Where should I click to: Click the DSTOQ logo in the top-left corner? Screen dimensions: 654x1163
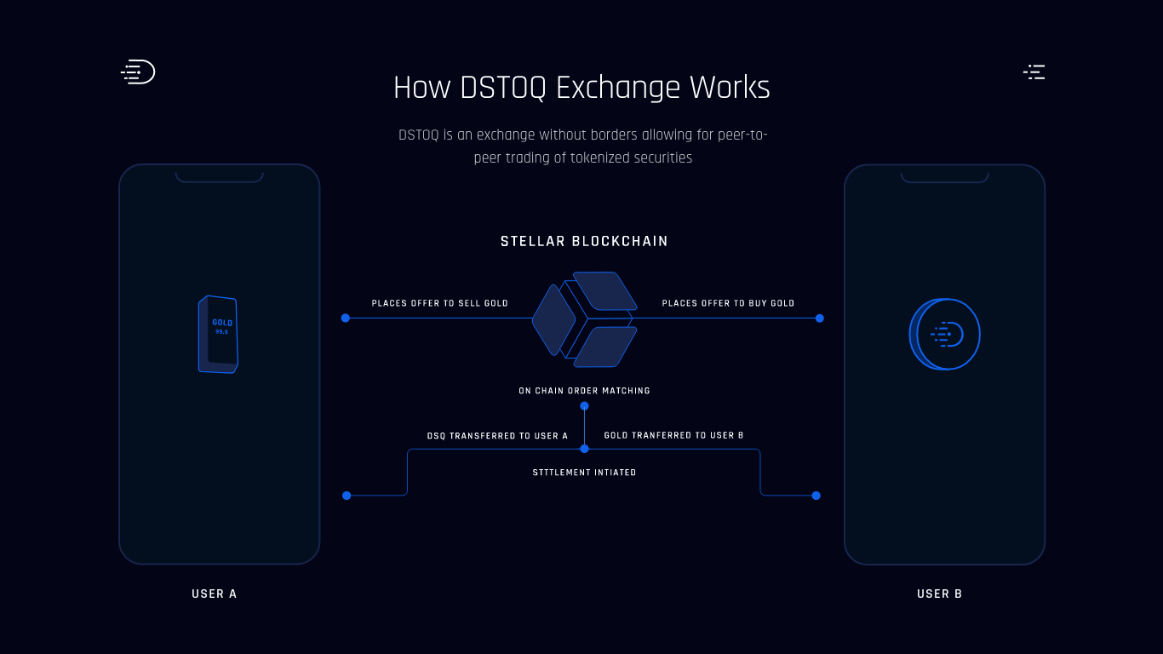[138, 72]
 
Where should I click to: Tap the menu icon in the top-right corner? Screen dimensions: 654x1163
[1034, 72]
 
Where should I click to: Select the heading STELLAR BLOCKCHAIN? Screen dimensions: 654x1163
[584, 242]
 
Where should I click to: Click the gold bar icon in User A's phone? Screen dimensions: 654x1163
[218, 335]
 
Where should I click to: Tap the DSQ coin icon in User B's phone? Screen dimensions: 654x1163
[945, 335]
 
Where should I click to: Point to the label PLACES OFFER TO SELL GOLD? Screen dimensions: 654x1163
[439, 304]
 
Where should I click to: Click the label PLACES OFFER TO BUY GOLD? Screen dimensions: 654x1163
[728, 304]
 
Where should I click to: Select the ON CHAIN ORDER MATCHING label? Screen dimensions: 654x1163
[584, 391]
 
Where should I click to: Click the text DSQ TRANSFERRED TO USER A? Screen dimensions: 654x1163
[497, 436]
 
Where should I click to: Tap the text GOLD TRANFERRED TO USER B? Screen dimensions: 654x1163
[673, 436]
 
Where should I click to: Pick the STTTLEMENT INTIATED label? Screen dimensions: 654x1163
[584, 473]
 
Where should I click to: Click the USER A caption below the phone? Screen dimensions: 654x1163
[215, 594]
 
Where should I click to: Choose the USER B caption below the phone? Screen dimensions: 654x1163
[939, 594]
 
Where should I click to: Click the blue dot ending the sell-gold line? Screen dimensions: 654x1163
[346, 318]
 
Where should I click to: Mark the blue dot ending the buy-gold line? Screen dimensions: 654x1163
[820, 318]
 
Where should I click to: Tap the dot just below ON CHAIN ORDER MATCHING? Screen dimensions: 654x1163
[584, 406]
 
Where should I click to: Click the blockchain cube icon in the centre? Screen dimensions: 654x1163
[584, 319]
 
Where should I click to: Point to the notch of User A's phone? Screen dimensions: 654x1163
[219, 177]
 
